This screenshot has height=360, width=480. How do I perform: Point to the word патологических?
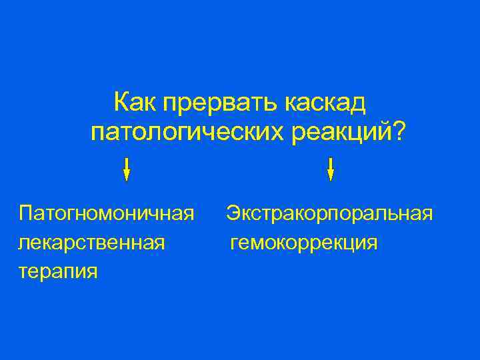189,131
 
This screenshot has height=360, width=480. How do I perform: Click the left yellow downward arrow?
127,169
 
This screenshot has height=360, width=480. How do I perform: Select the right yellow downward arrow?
331,169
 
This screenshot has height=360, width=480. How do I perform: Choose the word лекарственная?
92,242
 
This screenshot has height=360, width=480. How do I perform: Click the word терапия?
59,271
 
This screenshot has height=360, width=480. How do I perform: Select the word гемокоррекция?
304,242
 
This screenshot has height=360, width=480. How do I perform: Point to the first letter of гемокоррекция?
235,243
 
